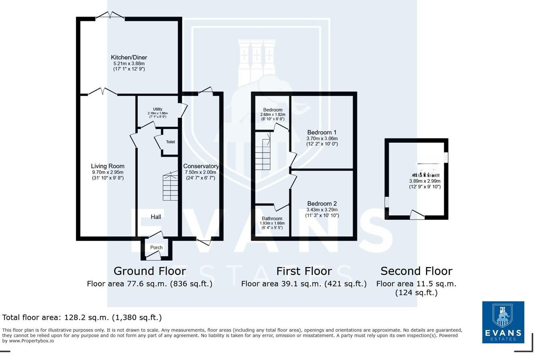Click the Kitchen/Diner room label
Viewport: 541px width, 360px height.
pyautogui.click(x=129, y=57)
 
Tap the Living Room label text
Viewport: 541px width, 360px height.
pyautogui.click(x=108, y=166)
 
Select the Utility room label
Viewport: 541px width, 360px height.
pyautogui.click(x=158, y=109)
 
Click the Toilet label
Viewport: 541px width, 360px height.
pyautogui.click(x=171, y=142)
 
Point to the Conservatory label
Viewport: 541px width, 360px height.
pyautogui.click(x=201, y=166)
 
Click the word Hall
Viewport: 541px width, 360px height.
pyautogui.click(x=156, y=217)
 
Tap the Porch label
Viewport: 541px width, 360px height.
pyautogui.click(x=156, y=248)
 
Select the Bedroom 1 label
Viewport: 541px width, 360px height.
pyautogui.click(x=322, y=132)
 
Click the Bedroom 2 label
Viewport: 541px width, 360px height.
pyautogui.click(x=322, y=203)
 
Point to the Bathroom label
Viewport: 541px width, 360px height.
pyautogui.click(x=272, y=219)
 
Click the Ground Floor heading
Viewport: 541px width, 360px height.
pyautogui.click(x=150, y=271)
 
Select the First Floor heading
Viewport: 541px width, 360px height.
pyautogui.click(x=304, y=271)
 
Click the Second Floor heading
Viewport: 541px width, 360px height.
pyautogui.click(x=416, y=271)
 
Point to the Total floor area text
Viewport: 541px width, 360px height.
pyautogui.click(x=82, y=318)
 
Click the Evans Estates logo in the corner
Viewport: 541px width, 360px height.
pyautogui.click(x=503, y=322)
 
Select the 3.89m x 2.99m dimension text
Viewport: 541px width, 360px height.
pyautogui.click(x=425, y=181)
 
